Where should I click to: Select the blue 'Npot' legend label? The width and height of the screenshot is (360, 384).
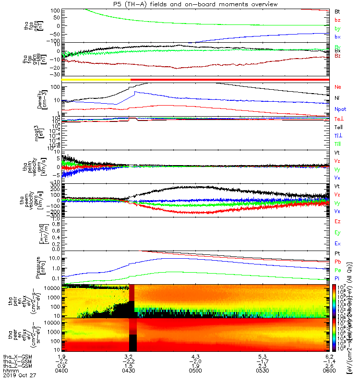coord(339,109)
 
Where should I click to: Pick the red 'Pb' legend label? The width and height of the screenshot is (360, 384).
coord(337,262)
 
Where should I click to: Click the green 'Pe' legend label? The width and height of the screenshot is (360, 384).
coord(337,270)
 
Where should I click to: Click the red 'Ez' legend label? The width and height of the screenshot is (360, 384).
coord(337,221)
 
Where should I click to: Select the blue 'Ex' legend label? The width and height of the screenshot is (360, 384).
coord(337,243)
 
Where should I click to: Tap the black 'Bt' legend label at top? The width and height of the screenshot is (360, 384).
coord(337,11)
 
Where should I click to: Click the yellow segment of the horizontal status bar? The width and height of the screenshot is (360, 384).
coord(96,79)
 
